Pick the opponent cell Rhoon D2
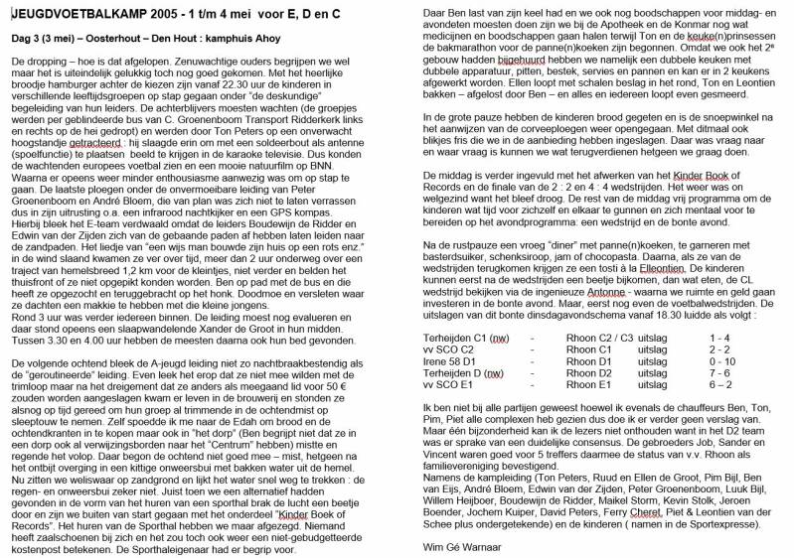click(x=587, y=372)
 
